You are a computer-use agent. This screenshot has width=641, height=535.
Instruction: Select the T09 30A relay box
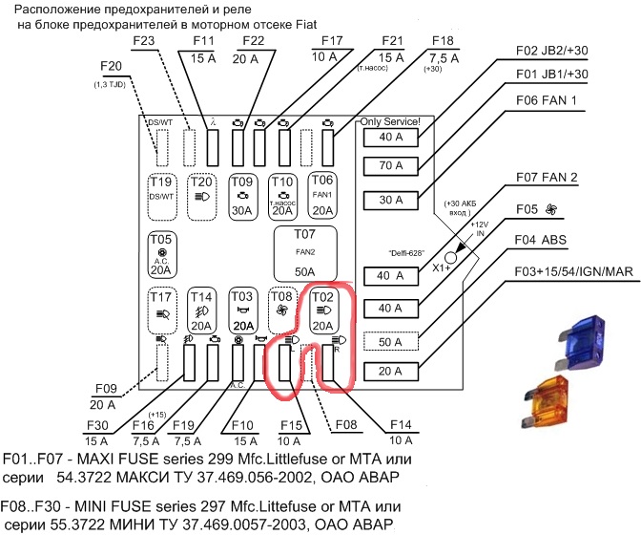[242, 196]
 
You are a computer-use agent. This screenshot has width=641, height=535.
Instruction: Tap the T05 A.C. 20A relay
[161, 252]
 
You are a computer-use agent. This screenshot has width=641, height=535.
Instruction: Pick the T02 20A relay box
[323, 310]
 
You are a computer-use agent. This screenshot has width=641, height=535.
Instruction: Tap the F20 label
[112, 66]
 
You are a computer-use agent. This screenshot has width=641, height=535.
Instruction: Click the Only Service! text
[394, 122]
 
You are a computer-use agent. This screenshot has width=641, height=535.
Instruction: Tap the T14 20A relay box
[201, 310]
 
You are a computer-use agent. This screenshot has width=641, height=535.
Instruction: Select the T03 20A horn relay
[242, 310]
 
